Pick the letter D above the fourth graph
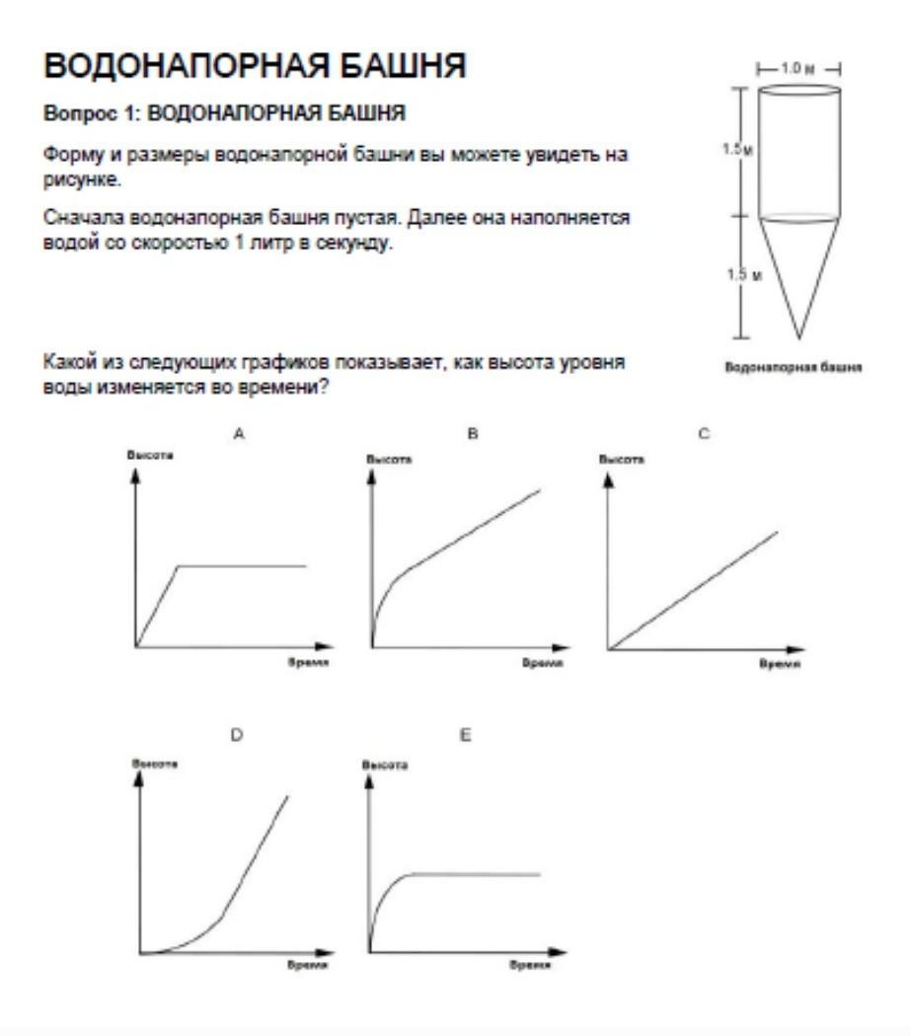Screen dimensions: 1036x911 [x=237, y=736]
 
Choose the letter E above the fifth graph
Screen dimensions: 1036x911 [x=465, y=736]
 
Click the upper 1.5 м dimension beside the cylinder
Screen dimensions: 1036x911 [x=736, y=150]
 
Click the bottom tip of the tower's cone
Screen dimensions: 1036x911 [x=798, y=338]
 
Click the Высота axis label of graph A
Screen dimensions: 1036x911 [x=143, y=455]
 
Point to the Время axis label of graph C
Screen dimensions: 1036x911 [x=779, y=665]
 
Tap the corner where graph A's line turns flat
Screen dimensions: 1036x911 [x=178, y=566]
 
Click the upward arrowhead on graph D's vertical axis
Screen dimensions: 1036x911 [x=140, y=777]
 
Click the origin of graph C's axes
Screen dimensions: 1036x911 [x=609, y=649]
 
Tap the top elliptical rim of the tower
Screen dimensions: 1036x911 [x=798, y=90]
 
